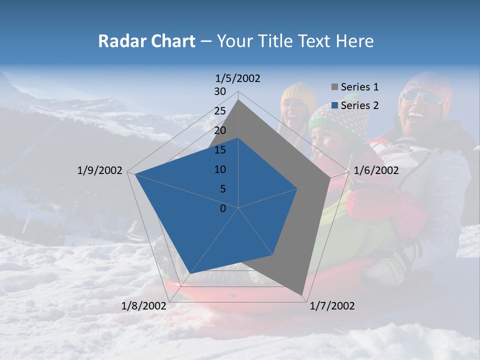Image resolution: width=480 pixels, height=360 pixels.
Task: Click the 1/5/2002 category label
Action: click(238, 78)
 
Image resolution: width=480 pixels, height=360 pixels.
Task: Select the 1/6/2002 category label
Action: click(376, 170)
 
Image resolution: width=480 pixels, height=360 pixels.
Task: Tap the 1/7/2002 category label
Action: click(332, 306)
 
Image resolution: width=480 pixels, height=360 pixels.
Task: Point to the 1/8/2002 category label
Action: click(143, 306)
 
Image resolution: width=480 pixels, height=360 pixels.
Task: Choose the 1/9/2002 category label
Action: click(100, 170)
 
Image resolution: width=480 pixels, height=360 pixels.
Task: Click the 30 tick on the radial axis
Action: click(220, 91)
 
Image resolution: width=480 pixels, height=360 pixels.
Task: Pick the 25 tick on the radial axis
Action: click(220, 111)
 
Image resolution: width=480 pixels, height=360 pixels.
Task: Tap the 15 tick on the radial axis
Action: click(220, 150)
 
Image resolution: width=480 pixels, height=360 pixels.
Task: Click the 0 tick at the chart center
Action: click(223, 208)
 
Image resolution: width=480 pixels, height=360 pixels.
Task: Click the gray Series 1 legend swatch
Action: click(334, 87)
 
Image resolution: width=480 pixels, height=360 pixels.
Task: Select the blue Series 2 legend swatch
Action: click(334, 105)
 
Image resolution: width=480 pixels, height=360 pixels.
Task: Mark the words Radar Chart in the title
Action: click(146, 41)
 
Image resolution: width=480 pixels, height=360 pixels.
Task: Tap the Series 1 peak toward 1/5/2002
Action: click(238, 100)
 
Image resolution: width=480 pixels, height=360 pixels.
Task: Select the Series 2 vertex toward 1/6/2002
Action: click(297, 188)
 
